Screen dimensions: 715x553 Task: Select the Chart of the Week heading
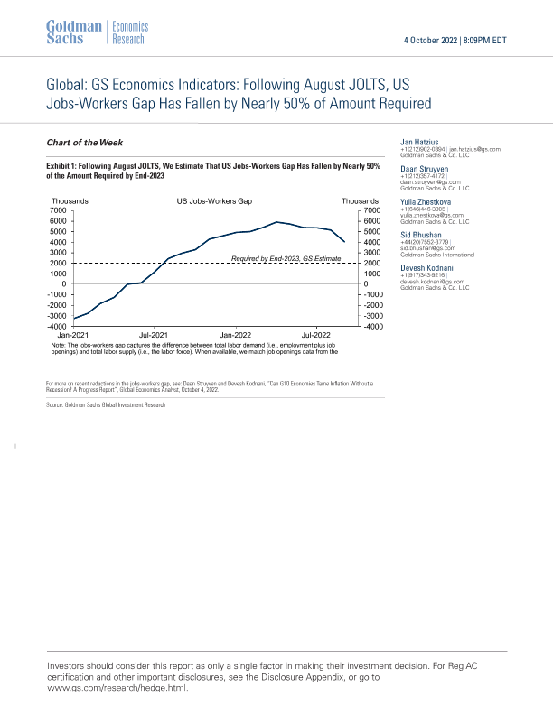(x=84, y=143)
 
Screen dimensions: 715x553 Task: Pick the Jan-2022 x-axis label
(x=236, y=334)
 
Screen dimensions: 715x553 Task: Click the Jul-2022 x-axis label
(x=316, y=334)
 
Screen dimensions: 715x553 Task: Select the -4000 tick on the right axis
(x=371, y=327)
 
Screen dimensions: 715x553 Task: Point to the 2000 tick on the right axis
(x=370, y=263)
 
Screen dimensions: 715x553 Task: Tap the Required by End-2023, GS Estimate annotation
(x=286, y=259)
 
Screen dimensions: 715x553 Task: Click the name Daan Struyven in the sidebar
(x=424, y=172)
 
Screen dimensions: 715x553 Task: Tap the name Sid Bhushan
(x=421, y=234)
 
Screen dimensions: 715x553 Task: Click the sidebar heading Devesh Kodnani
(x=428, y=267)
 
